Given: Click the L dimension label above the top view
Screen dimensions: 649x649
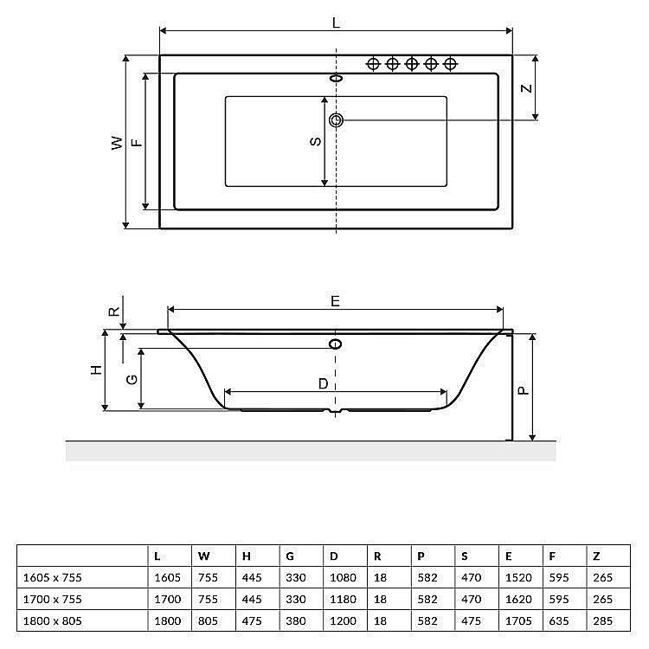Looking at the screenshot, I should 336,23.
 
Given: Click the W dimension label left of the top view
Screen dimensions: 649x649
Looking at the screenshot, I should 116,143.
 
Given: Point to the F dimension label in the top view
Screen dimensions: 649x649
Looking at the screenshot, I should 136,143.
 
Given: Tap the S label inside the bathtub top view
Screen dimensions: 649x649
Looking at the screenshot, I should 316,140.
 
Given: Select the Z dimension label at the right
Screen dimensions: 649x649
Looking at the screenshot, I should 525,88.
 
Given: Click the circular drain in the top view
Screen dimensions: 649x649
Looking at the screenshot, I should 336,119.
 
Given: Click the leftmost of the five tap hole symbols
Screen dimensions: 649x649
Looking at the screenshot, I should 374,63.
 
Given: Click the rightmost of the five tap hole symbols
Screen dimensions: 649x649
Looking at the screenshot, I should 450,63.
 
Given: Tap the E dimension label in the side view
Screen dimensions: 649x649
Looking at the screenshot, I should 335,300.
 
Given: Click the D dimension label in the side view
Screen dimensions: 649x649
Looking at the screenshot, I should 323,382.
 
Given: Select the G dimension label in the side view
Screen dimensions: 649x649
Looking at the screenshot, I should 131,379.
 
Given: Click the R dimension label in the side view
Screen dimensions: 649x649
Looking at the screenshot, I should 112,312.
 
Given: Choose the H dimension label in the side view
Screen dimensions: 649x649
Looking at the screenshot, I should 96,369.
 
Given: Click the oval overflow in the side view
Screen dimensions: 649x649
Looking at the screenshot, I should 336,344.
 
